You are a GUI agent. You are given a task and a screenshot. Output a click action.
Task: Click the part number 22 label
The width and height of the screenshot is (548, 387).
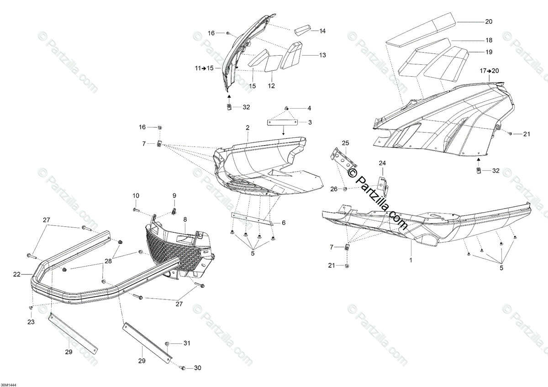[x=17, y=274]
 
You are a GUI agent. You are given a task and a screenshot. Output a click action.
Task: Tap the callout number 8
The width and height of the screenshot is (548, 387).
[x=185, y=220]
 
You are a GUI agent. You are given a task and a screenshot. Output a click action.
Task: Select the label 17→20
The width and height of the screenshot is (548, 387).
[x=488, y=71]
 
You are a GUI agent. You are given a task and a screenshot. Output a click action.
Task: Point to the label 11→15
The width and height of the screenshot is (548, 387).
[x=204, y=68]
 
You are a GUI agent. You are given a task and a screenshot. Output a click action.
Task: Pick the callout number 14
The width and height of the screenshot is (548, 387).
[x=322, y=31]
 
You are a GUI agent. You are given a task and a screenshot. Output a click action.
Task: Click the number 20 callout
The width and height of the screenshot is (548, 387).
[x=489, y=21]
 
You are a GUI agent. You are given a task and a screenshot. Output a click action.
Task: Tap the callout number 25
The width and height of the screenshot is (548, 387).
[x=345, y=143]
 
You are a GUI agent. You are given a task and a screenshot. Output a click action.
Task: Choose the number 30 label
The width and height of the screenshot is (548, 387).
[x=197, y=368]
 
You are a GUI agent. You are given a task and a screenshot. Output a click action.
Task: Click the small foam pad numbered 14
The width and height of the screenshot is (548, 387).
[x=301, y=31]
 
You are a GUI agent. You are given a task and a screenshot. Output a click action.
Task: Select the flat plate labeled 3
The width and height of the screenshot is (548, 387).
[x=282, y=122]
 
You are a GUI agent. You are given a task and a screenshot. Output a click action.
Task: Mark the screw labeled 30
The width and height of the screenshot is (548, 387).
[x=182, y=368]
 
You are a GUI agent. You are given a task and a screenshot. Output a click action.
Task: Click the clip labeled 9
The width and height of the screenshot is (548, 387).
[x=174, y=210]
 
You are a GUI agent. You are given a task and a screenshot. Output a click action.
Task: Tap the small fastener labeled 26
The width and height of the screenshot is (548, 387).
[x=345, y=189]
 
